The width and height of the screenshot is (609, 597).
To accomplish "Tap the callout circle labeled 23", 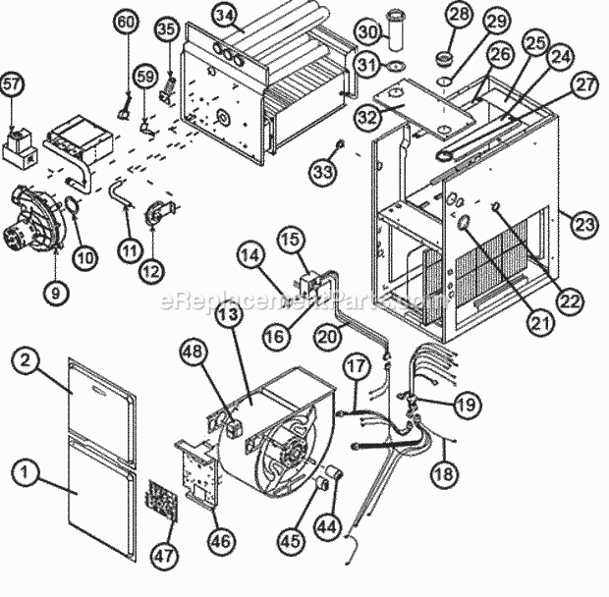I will click(x=585, y=225).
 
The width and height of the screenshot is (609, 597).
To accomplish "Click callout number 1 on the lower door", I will click(x=28, y=473).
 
